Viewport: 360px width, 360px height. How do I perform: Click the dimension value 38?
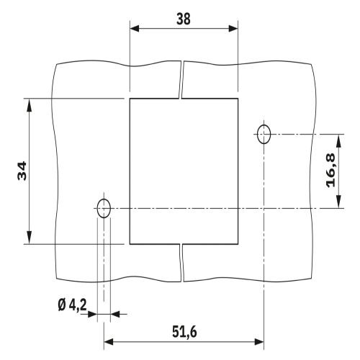click(x=183, y=19)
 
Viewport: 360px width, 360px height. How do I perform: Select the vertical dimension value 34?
click(x=22, y=171)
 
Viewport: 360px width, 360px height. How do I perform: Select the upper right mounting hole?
click(x=264, y=133)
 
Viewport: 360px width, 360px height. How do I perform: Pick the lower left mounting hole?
click(x=104, y=209)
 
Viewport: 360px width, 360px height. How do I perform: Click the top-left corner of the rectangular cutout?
click(x=130, y=99)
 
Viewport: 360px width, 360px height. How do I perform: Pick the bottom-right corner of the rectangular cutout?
click(x=238, y=243)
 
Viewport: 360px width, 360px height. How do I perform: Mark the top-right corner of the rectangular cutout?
click(x=238, y=99)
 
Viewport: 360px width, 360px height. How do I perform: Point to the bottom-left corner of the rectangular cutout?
click(x=130, y=243)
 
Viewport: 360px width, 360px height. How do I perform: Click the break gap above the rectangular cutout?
click(x=181, y=79)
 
